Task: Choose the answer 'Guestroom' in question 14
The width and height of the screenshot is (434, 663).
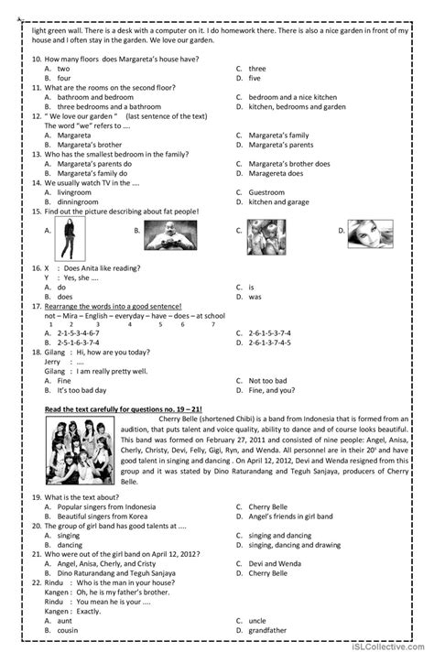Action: coord(268,192)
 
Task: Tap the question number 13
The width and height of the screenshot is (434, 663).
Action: coord(36,153)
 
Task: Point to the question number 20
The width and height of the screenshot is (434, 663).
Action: coord(36,526)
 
